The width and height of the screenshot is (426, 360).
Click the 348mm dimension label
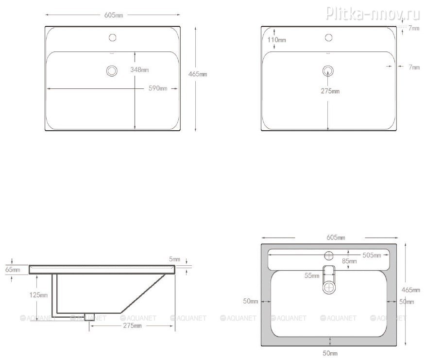(139, 70)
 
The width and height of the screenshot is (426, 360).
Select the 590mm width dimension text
(158, 88)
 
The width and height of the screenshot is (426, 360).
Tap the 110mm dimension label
(276, 40)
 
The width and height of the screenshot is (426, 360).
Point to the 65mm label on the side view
(13, 270)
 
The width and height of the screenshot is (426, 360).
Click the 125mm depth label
(38, 295)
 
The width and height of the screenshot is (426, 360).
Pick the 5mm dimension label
(174, 259)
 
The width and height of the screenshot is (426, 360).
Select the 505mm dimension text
(372, 255)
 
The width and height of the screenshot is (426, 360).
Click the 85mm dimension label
(349, 261)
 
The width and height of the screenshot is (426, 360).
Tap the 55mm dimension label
(312, 276)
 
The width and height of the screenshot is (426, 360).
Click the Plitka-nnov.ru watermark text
(373, 13)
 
